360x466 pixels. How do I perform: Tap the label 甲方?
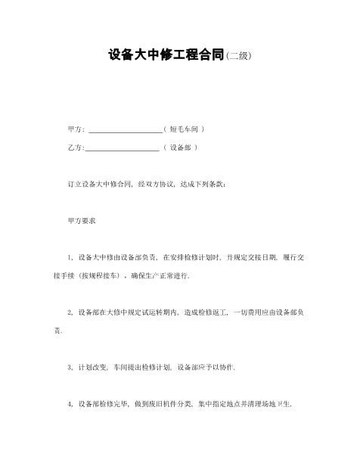click(76, 129)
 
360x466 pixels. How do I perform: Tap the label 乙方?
click(76, 148)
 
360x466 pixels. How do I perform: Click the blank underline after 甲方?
click(125, 130)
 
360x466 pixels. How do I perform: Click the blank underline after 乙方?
click(123, 148)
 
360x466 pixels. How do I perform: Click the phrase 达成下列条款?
click(200, 184)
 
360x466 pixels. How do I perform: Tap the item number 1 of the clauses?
click(70, 257)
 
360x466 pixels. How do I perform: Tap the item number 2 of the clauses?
click(70, 312)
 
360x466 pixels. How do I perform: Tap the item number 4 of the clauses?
click(70, 403)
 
